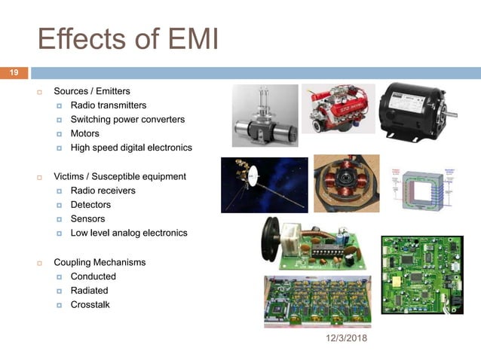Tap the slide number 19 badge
pyautogui.click(x=14, y=73)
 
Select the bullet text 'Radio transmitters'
pyautogui.click(x=108, y=105)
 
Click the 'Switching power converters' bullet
pyautogui.click(x=127, y=120)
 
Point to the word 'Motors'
pyautogui.click(x=84, y=133)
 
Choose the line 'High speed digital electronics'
pyautogui.click(x=131, y=148)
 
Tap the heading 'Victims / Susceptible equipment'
pyautogui.click(x=119, y=176)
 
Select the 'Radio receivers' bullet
pyautogui.click(x=103, y=191)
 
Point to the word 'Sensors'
pyautogui.click(x=87, y=218)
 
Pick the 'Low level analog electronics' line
pyautogui.click(x=128, y=233)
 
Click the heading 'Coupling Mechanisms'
pyautogui.click(x=100, y=262)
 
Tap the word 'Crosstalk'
pyautogui.click(x=90, y=304)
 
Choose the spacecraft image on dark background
pyautogui.click(x=264, y=185)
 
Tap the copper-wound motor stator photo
pyautogui.click(x=346, y=184)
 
